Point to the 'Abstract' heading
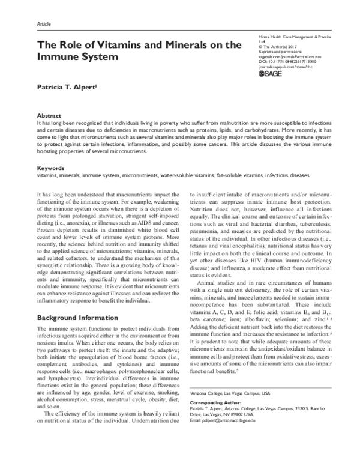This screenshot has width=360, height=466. [49, 114]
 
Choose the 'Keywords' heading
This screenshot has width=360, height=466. [51, 168]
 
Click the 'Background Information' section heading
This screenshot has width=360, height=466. [79, 316]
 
